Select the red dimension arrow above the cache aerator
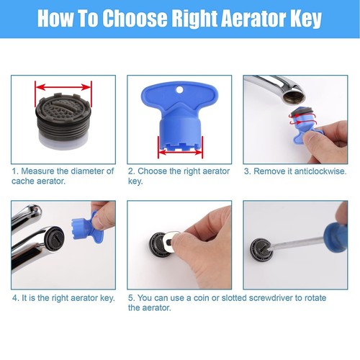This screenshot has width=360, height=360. pyautogui.click(x=63, y=88)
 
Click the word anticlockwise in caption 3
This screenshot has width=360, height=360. pyautogui.click(x=319, y=171)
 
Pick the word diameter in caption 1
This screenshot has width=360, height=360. pyautogui.click(x=86, y=171)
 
